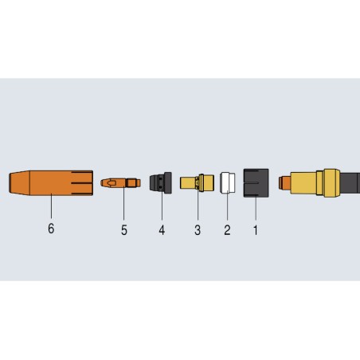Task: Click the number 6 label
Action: (52, 231)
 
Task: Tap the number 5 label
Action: (123, 231)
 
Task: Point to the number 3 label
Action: (197, 231)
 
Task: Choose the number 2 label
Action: (226, 231)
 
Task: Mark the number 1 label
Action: (256, 231)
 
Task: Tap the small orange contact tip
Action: (119, 183)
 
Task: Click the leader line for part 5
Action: (123, 205)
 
